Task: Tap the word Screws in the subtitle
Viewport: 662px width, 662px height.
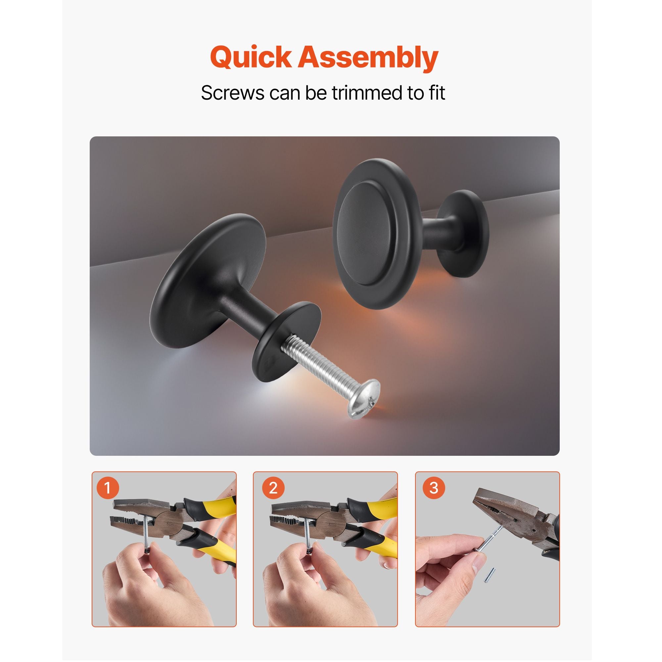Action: coord(233,93)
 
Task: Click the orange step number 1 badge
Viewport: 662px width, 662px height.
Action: coord(108,488)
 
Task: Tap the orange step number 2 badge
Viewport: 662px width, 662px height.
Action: coord(273,488)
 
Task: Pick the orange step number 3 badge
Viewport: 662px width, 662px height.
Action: coord(434,488)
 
